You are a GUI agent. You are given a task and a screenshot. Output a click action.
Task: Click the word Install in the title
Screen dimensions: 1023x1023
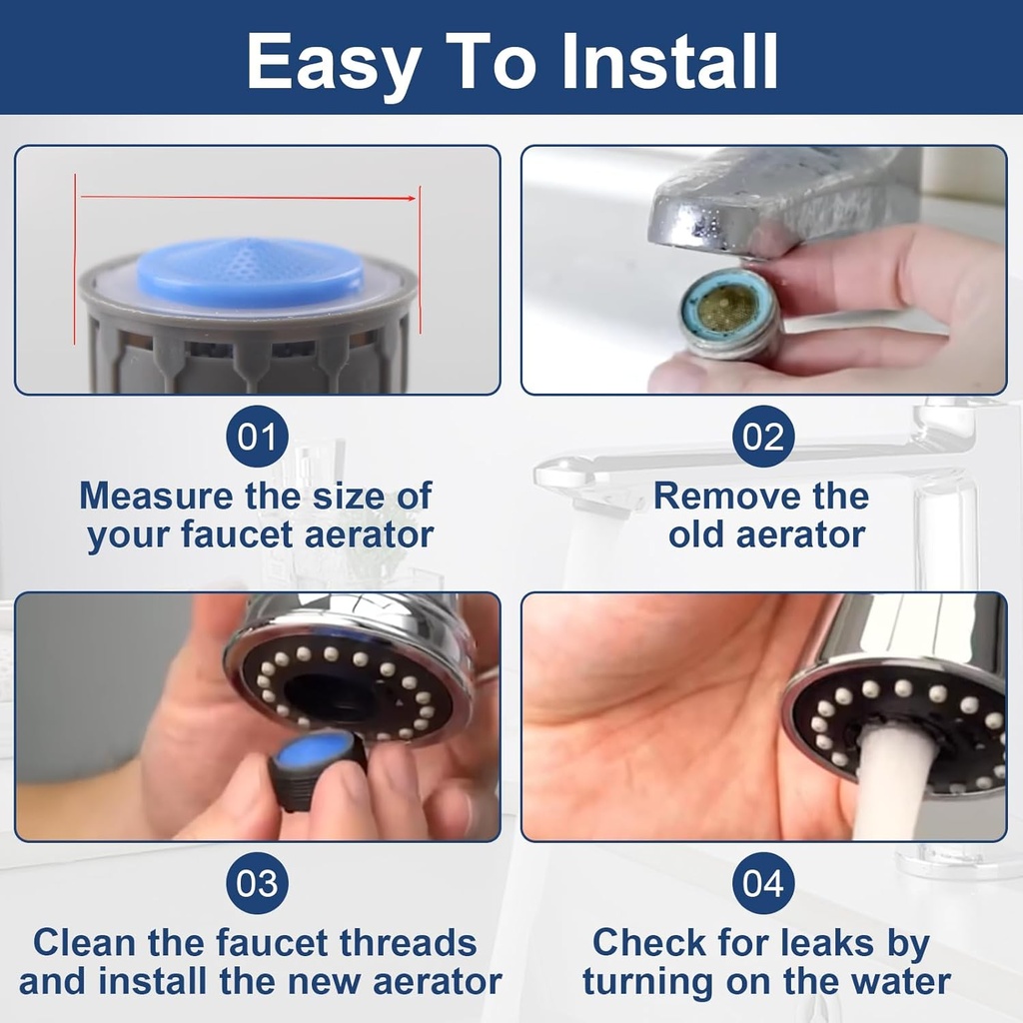pyautogui.click(x=669, y=62)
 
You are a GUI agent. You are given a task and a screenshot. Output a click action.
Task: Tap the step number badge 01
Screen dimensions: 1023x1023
pyautogui.click(x=257, y=438)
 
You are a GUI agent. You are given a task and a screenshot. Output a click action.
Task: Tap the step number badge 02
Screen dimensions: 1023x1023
pyautogui.click(x=764, y=438)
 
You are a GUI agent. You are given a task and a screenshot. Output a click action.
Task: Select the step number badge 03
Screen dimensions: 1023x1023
pyautogui.click(x=257, y=884)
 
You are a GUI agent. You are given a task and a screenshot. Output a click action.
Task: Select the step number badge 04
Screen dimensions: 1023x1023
pyautogui.click(x=764, y=884)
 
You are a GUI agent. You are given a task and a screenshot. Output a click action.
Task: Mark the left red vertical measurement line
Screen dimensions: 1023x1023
pyautogui.click(x=75, y=260)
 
